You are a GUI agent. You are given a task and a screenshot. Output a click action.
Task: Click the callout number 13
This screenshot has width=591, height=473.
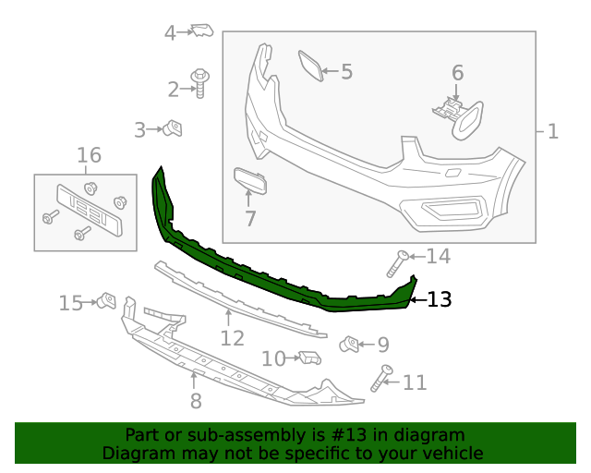[440, 299]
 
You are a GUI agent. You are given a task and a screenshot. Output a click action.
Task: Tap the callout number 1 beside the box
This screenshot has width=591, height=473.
[553, 132]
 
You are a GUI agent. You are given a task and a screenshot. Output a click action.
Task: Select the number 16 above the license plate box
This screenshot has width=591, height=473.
[89, 155]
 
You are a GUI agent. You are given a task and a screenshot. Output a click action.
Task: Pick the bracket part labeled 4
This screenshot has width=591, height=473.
[201, 31]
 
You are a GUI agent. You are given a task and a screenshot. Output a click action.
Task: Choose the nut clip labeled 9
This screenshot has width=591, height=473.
[350, 345]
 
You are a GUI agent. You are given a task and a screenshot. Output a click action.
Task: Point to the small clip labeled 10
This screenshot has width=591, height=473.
[309, 358]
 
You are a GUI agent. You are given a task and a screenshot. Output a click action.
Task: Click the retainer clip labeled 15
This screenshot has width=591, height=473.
[107, 301]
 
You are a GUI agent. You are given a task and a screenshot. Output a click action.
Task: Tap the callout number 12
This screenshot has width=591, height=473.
[231, 339]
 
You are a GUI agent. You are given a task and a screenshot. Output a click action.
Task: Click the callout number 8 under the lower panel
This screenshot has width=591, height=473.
[195, 401]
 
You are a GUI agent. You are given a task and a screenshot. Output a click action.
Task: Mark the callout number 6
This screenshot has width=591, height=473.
[457, 72]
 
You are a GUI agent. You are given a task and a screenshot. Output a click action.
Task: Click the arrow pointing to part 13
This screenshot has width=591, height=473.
[416, 299]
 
